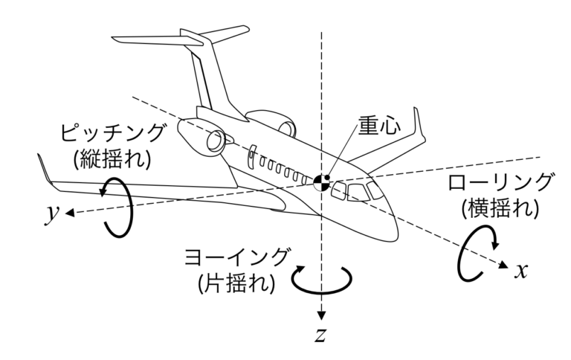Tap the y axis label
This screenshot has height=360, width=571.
pos(51,213)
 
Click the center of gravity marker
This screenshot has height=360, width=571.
pos(321,181)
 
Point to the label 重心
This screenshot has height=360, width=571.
pos(379,126)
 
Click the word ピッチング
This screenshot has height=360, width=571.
pos(112,135)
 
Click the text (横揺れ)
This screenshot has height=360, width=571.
pos(500,209)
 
